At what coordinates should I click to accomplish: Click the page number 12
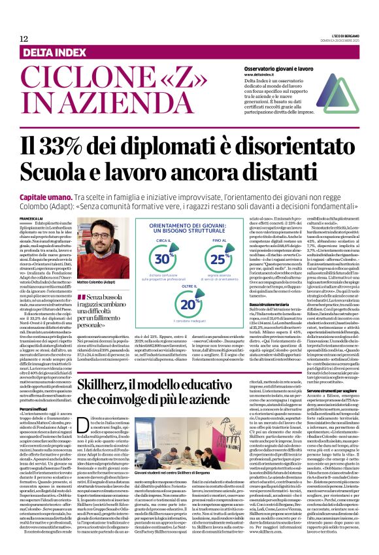pyautogui.click(x=24, y=39)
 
